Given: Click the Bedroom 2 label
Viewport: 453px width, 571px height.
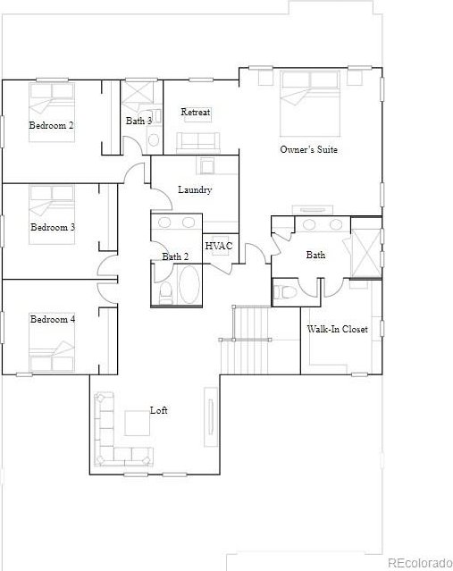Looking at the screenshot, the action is [x=51, y=126].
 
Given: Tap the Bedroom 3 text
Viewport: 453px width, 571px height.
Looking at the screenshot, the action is [x=53, y=228].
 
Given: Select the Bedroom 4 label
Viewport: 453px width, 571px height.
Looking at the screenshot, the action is [x=53, y=319].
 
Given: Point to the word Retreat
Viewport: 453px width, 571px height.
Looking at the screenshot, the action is [x=196, y=113].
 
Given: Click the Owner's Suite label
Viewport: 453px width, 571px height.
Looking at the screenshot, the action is [x=309, y=149].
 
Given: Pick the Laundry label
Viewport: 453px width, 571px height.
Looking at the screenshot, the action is [x=195, y=189].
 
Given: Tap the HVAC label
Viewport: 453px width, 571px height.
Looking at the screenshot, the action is [x=219, y=246].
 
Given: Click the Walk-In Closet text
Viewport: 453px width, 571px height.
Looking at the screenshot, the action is [x=337, y=329].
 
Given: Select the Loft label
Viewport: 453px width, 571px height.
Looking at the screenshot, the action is [x=159, y=410].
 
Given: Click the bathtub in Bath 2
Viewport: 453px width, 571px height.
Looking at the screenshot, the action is [x=189, y=284].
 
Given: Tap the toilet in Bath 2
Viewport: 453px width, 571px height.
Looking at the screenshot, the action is [x=166, y=293].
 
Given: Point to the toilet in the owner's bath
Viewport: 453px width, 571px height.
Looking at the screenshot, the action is [x=284, y=291].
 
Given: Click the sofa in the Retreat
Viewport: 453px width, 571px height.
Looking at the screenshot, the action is [x=198, y=142].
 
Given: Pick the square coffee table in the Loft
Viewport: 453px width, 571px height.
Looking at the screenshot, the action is [x=138, y=424].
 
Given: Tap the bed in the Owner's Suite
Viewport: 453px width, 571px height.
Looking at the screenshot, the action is [x=309, y=104].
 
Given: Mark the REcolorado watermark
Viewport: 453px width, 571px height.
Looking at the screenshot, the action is [x=420, y=563].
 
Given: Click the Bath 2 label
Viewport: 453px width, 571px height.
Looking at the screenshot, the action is [x=175, y=256].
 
